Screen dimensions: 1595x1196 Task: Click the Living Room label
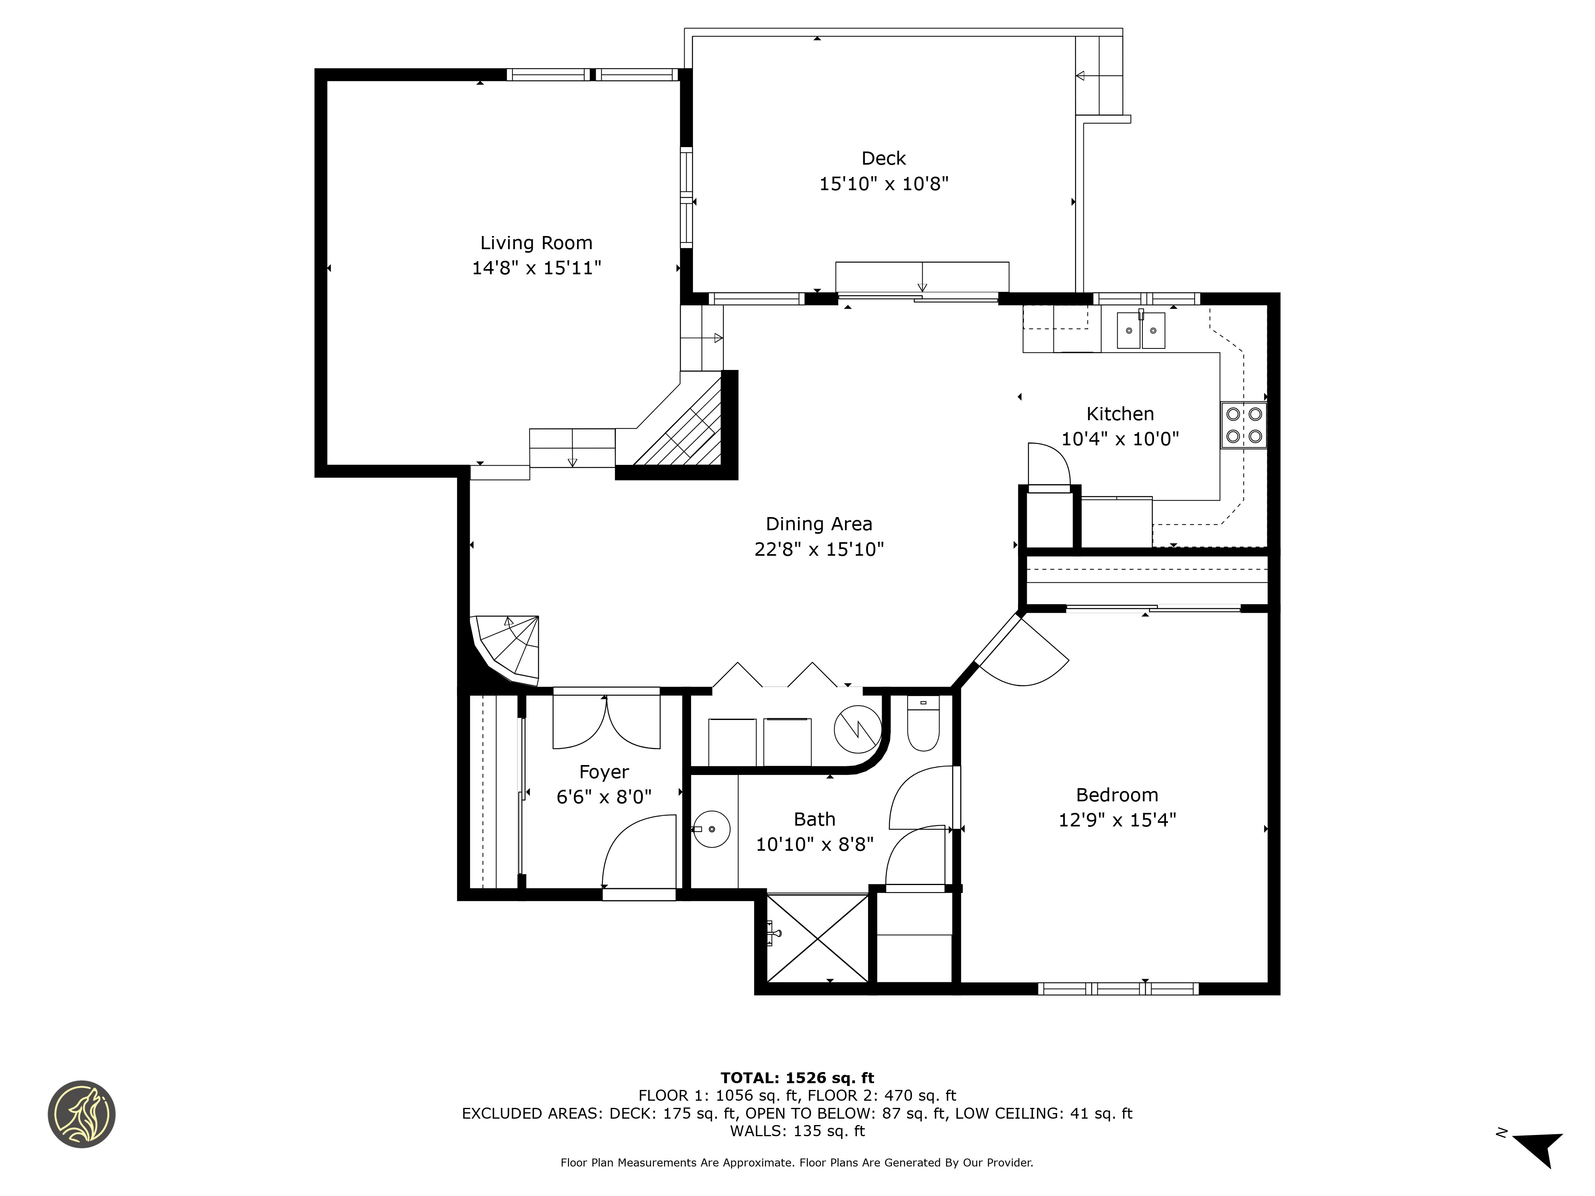tap(536, 243)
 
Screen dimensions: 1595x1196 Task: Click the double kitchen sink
tap(1141, 330)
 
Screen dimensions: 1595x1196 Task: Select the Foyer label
tap(604, 772)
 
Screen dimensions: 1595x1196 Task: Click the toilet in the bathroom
tap(923, 723)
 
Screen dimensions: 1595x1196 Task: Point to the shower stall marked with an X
tap(818, 938)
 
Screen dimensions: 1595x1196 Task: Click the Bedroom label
tap(1117, 795)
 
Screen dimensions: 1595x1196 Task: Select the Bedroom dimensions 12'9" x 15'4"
tap(1117, 820)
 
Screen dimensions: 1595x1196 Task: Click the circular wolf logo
tap(81, 1114)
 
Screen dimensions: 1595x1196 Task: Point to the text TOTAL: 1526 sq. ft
tap(797, 1078)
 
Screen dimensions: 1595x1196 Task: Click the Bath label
tap(814, 820)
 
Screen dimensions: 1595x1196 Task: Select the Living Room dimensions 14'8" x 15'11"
tap(536, 268)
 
